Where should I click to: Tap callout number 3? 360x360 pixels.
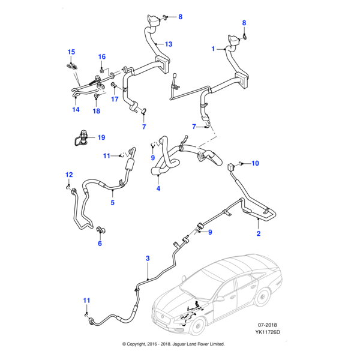click(x=148, y=259)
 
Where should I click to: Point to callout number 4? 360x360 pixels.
click(x=158, y=190)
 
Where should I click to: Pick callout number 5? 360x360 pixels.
click(x=112, y=203)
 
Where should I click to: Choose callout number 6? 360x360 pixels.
click(x=100, y=244)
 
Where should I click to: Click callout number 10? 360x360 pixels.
click(x=254, y=163)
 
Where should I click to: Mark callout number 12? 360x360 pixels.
click(x=68, y=175)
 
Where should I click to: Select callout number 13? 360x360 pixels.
click(x=169, y=44)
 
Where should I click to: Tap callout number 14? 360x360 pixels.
click(x=76, y=110)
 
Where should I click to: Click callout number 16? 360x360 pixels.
click(x=102, y=57)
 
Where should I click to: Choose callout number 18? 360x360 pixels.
click(x=96, y=112)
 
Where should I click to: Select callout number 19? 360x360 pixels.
click(x=101, y=137)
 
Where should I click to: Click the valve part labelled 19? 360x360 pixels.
click(x=81, y=139)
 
